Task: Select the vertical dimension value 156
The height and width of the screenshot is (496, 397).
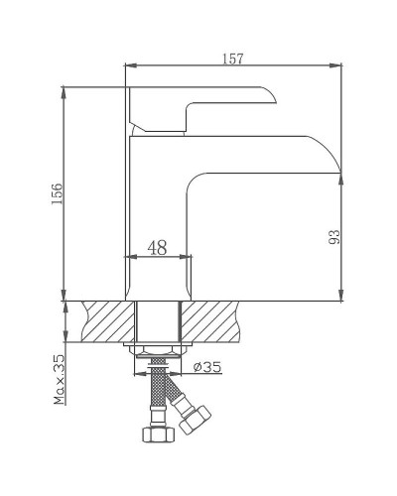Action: click(58, 194)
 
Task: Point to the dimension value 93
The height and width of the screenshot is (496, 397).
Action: click(334, 237)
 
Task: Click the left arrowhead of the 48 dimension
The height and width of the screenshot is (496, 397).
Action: click(129, 257)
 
